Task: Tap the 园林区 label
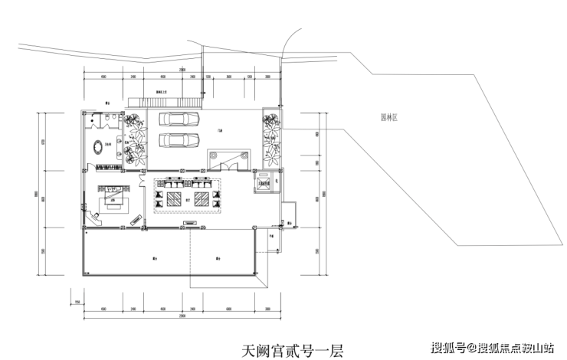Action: [380, 118]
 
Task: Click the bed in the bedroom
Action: [114, 201]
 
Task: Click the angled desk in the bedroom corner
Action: [95, 217]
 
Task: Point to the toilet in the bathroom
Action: [112, 117]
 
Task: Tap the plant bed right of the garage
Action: [272, 138]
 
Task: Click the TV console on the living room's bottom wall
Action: [188, 223]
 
